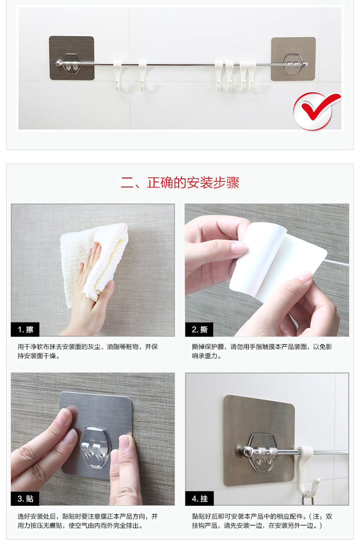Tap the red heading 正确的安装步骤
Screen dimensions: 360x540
193,182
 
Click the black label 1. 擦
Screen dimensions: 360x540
26,330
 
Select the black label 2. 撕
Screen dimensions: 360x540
200,330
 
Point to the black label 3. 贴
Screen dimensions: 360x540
26,498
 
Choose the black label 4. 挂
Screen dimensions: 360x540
200,498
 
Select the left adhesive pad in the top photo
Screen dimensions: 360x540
72,58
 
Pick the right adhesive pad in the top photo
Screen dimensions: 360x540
293,59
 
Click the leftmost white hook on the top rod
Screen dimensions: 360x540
118,76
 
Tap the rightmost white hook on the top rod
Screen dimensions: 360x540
252,76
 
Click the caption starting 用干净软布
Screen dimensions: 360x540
88,351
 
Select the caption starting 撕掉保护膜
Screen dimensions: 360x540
262,351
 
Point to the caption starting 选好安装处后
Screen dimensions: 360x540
88,521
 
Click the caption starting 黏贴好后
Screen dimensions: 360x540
262,521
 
